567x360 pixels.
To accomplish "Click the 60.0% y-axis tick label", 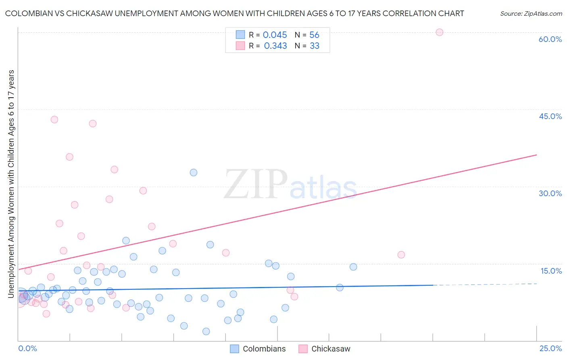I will [x=550, y=39].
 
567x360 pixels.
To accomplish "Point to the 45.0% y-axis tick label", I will [x=550, y=116].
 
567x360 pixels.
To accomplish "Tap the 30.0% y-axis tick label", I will [x=550, y=193].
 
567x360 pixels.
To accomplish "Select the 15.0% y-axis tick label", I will [x=551, y=271].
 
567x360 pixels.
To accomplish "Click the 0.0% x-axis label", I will [x=27, y=348].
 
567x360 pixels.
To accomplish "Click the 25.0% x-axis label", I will [x=550, y=348].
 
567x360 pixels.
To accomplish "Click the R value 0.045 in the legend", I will [x=275, y=35].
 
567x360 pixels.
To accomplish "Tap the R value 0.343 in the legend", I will [x=275, y=46].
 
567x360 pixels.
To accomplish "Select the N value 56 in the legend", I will [x=314, y=35].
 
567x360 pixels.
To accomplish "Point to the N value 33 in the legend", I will [x=314, y=46].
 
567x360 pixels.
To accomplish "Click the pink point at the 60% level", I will [x=440, y=32].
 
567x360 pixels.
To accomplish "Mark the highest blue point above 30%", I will [x=194, y=172].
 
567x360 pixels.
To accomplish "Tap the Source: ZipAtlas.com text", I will [x=531, y=14].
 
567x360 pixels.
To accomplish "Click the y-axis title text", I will [x=11, y=184].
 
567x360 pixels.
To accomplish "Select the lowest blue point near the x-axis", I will [x=206, y=331].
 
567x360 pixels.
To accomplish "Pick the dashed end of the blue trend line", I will [x=484, y=285].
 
